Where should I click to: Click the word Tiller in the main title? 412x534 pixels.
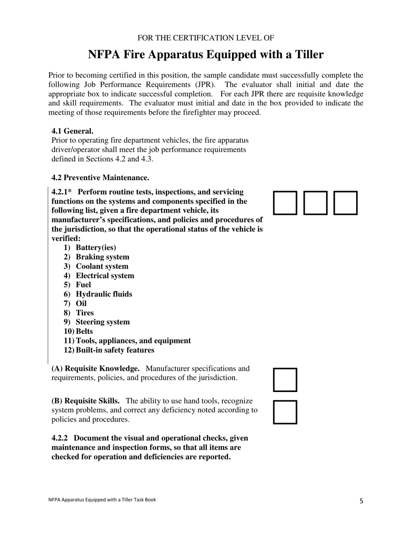306,55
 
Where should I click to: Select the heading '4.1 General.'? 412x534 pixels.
72,131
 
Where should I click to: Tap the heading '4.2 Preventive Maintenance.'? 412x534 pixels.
100,178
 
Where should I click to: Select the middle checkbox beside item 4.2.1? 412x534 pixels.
315,203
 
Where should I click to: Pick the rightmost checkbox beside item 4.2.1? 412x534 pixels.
346,203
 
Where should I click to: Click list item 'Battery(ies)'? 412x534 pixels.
96,247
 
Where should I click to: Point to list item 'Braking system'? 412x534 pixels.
102,257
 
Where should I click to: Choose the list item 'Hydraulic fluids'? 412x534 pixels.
104,294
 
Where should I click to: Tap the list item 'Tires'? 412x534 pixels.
85,313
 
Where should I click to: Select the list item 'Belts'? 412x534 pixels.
84,331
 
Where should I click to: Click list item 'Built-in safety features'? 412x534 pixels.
115,350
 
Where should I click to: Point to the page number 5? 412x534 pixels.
361,501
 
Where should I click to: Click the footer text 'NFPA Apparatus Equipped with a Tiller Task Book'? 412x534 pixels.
102,500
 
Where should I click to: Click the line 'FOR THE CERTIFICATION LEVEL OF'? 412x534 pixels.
206,38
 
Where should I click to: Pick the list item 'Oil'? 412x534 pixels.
81,303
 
